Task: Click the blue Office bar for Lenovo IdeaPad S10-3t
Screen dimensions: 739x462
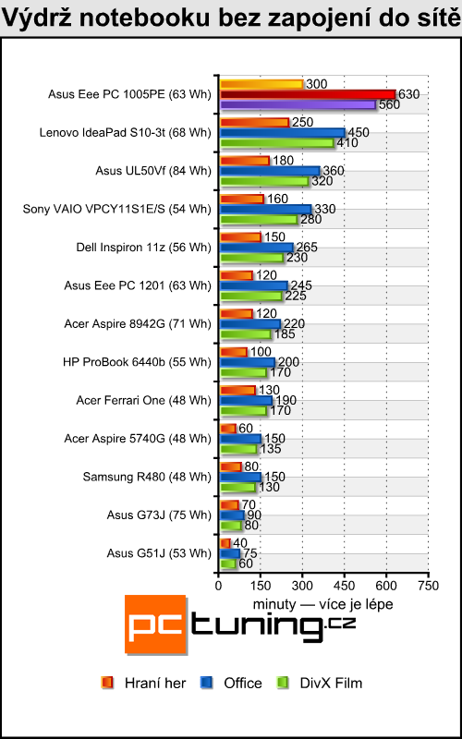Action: [x=282, y=133]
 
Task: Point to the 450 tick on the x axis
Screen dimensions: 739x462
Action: [x=345, y=586]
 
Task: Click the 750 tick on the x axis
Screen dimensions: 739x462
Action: [x=429, y=586]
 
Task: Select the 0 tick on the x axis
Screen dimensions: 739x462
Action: [x=218, y=586]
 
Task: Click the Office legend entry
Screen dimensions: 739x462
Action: [x=234, y=683]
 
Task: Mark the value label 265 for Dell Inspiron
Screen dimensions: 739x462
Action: [x=308, y=247]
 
